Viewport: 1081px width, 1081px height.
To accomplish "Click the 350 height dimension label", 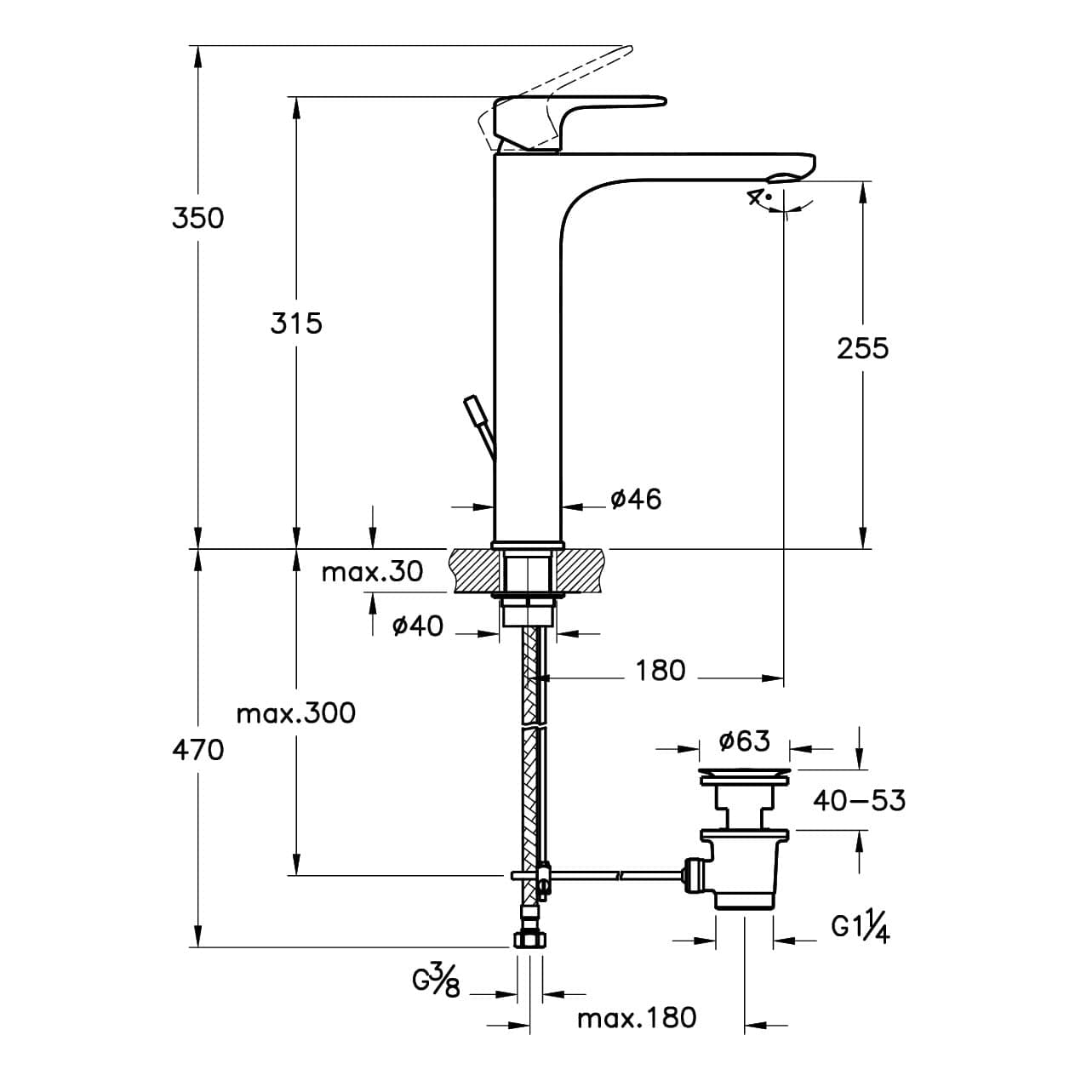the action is [x=198, y=218].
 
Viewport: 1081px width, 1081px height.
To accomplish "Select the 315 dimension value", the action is [x=296, y=323].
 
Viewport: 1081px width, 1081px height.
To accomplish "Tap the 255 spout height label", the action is [x=863, y=348].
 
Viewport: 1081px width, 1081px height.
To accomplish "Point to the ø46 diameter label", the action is [x=636, y=499].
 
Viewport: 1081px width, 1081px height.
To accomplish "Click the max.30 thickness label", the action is [x=372, y=572].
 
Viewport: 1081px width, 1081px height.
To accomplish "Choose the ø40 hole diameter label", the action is [x=418, y=626].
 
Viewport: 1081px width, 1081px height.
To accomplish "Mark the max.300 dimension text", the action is [x=296, y=713].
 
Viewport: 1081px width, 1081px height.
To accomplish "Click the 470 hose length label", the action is [x=198, y=749].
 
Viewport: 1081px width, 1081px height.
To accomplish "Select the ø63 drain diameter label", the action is [x=745, y=741].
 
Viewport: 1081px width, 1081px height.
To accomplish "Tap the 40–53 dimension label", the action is [x=860, y=800].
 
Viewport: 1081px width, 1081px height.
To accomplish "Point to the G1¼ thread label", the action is [x=860, y=929].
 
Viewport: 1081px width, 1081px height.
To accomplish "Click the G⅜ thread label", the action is [x=436, y=983].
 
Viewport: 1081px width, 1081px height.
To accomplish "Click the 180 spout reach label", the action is [x=661, y=671].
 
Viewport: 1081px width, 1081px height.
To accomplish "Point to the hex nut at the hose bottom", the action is [x=529, y=940].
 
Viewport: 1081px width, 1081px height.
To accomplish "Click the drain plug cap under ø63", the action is [x=745, y=778].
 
